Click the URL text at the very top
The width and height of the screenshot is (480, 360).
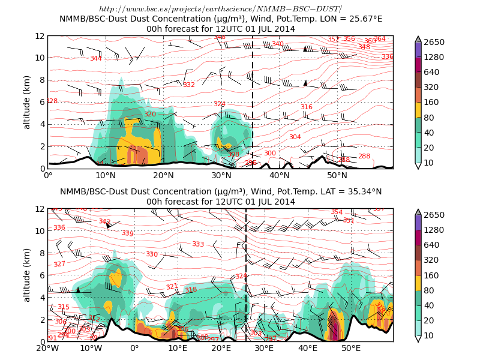click(220, 8)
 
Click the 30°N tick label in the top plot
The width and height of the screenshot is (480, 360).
click(221, 175)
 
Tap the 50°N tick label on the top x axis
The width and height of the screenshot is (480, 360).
click(337, 175)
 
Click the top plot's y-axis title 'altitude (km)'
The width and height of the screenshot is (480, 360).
click(26, 102)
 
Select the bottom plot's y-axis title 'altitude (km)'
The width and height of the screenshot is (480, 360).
click(26, 275)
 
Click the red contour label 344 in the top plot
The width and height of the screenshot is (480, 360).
click(95, 59)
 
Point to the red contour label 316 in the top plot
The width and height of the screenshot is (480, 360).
click(306, 107)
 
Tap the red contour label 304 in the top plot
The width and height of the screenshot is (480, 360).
click(295, 137)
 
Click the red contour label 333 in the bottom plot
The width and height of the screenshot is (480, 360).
click(198, 244)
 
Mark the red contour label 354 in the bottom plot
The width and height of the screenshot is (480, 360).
click(337, 212)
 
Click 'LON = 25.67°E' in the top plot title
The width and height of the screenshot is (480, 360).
click(341, 19)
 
